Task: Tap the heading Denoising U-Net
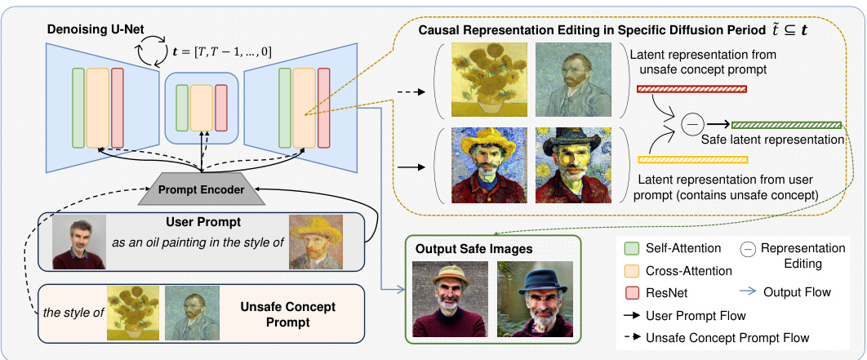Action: click(93, 29)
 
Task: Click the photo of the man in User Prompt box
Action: click(79, 242)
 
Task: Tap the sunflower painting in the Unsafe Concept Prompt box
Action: click(132, 313)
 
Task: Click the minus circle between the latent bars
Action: click(693, 125)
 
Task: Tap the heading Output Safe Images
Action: click(465, 247)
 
